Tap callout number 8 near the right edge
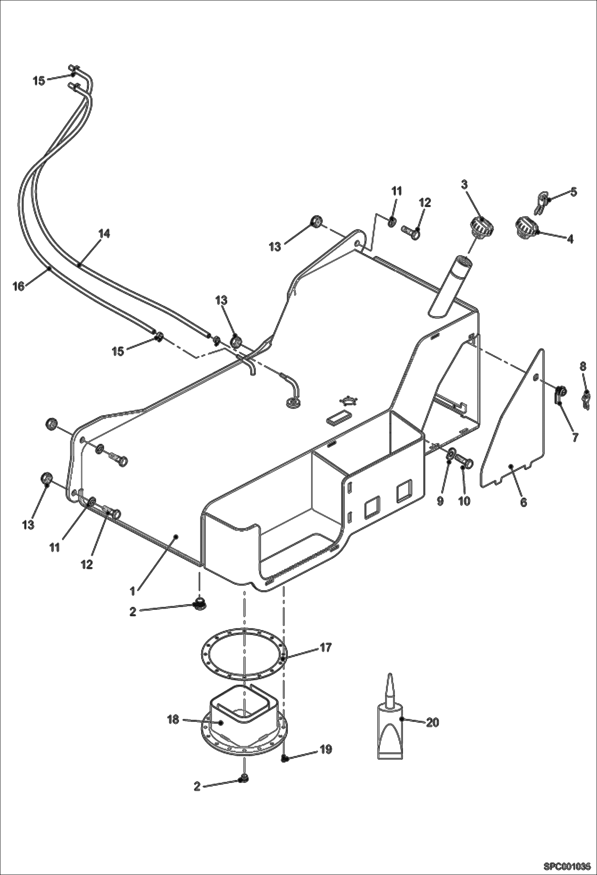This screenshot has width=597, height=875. click(x=583, y=366)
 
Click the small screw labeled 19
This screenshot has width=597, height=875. click(x=285, y=759)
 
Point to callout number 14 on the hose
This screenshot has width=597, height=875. click(x=104, y=234)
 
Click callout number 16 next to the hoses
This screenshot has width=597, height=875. click(x=18, y=286)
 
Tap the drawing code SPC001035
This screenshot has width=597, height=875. click(x=566, y=865)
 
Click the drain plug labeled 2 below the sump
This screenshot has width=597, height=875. click(x=242, y=778)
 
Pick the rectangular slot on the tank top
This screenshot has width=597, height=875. click(x=338, y=418)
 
